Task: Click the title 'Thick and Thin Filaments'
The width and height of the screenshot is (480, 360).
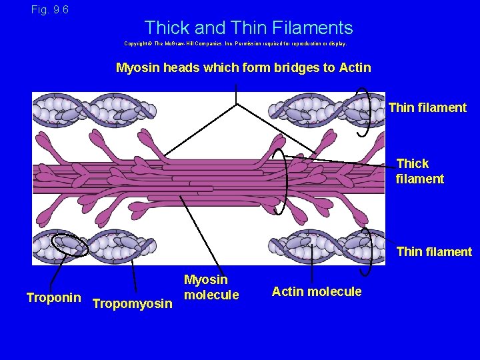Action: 248,28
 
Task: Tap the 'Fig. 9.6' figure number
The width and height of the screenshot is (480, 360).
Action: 49,10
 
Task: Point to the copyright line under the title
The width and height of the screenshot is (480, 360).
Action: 235,43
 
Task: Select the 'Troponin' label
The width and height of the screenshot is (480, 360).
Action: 53,297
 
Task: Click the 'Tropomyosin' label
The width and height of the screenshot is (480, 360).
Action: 133,304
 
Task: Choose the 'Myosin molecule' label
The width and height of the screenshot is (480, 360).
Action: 211,287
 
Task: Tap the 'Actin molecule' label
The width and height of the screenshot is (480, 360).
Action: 317,291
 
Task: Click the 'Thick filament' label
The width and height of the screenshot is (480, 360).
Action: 420,171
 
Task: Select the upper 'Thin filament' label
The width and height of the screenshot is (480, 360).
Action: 427,107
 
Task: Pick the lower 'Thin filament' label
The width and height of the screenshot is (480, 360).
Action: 434,251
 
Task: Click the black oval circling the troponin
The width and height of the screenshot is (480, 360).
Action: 71,245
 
